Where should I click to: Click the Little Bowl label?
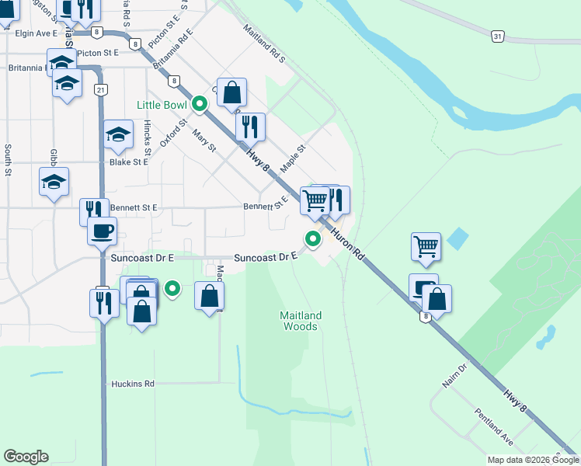[162, 105]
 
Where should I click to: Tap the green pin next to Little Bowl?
[200, 103]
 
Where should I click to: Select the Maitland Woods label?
[300, 321]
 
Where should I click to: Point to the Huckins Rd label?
[133, 384]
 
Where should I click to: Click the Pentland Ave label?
[494, 427]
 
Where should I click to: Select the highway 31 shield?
[498, 36]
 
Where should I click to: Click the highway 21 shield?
[101, 90]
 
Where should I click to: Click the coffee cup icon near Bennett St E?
[102, 231]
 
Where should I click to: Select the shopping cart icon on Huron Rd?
[315, 200]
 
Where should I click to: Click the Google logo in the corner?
[26, 457]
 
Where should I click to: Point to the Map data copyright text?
[532, 460]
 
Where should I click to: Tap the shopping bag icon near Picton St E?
[231, 92]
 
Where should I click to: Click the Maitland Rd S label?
[264, 43]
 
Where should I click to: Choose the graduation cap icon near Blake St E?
[119, 136]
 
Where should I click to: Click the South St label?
[8, 158]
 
